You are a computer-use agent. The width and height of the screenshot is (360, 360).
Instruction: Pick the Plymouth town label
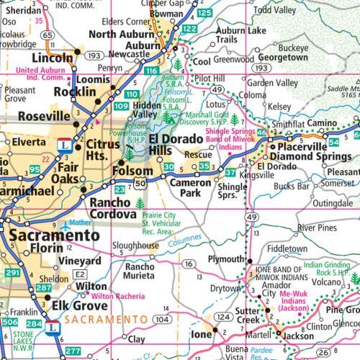[x=226, y=258]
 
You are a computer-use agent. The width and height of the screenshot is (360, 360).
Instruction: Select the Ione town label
[x=202, y=335]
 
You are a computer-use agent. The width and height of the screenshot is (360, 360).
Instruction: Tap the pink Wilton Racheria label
[x=114, y=296]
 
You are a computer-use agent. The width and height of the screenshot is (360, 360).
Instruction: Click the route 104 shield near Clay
[x=164, y=318]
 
